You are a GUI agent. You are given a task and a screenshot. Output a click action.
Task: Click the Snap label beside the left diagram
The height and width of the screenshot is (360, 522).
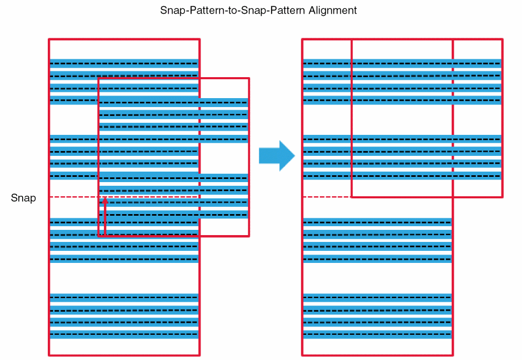23,198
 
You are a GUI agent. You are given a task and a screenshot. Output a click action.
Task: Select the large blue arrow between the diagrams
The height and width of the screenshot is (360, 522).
277,155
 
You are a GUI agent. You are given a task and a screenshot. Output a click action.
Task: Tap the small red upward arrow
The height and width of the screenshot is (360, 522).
105,216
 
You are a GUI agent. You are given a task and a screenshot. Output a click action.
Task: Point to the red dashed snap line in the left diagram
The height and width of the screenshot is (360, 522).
74,197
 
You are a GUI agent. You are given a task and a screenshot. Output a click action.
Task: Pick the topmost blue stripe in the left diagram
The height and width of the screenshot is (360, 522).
124,63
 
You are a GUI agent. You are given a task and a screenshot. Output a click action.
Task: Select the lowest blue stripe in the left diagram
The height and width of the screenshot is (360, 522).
124,334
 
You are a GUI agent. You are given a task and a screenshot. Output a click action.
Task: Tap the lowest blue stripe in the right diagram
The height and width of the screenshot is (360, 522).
377,334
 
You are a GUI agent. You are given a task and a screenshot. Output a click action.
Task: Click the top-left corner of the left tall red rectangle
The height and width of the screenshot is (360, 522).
49,39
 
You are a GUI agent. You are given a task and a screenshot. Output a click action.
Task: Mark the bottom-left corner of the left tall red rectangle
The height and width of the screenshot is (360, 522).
49,355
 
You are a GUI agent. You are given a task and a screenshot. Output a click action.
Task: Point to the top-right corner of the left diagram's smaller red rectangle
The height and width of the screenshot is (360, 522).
248,79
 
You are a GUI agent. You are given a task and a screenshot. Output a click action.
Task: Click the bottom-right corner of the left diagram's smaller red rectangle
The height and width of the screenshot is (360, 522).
248,236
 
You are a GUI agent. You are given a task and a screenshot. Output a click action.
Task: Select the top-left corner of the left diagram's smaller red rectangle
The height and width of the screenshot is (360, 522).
99,79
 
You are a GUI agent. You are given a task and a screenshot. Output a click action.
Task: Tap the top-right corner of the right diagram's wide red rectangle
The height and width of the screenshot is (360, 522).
502,39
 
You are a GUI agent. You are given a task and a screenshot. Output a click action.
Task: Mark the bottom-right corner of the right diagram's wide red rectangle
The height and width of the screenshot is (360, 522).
502,197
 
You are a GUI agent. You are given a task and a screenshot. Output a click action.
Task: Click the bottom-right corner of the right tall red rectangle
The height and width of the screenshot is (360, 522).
452,355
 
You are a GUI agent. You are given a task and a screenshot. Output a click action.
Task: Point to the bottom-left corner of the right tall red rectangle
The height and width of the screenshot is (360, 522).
302,355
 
